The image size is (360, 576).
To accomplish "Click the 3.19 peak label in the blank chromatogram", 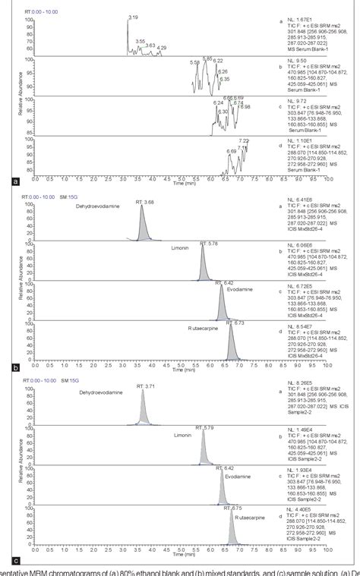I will click(133, 17).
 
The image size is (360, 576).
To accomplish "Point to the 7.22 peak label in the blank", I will click(244, 140).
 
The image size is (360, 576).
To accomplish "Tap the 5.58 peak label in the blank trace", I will click(196, 62).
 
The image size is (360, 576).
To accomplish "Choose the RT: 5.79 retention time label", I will click(209, 428).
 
